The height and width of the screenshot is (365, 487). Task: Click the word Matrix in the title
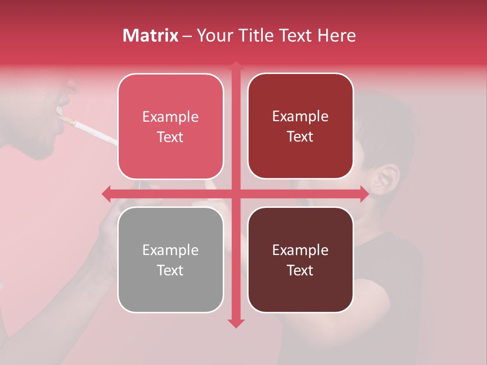click(151, 35)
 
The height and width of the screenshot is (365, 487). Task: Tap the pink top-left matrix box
click(170, 126)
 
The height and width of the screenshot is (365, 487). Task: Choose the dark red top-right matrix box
click(300, 126)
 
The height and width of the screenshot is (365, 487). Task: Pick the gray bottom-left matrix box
click(170, 260)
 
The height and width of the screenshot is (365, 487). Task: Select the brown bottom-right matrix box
click(300, 260)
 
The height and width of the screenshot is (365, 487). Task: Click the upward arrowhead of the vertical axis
click(235, 65)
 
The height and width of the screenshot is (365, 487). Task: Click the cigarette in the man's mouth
click(91, 130)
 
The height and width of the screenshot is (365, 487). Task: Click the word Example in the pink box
click(170, 117)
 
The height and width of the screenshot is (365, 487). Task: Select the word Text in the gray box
click(170, 270)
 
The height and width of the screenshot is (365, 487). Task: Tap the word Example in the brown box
click(300, 250)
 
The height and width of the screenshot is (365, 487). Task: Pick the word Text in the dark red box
click(300, 136)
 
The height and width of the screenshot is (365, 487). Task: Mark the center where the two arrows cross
click(235, 194)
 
